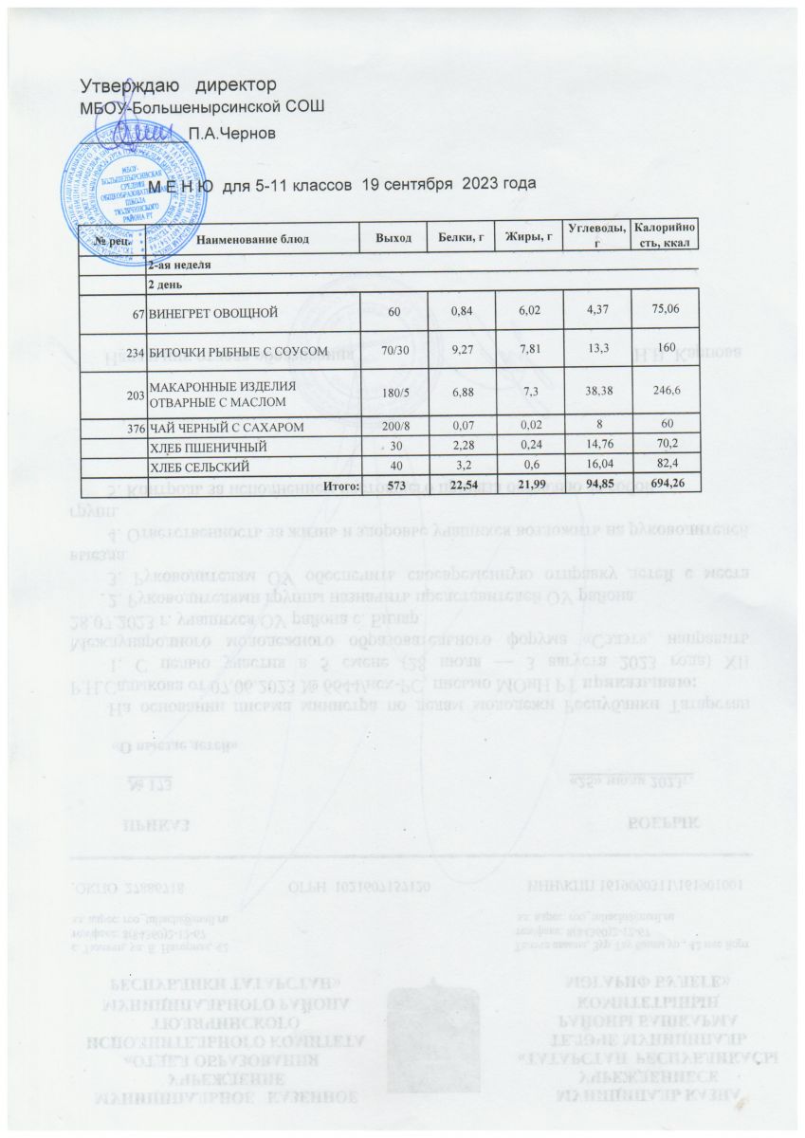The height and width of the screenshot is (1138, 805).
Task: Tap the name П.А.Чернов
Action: tap(232, 134)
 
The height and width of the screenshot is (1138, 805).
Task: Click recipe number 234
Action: tap(135, 353)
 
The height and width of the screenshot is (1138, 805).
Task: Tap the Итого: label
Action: tap(341, 485)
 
